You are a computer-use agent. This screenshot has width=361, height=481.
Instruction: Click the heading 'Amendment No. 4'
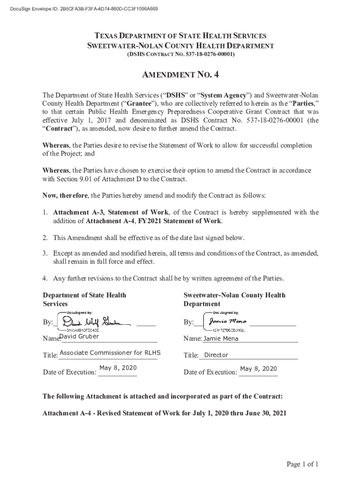pos(180,75)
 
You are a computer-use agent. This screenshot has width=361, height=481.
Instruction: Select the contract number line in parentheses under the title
pos(180,55)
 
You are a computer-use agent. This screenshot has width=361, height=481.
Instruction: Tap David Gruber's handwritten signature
pos(91,322)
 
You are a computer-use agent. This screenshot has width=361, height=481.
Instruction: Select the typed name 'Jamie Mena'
pos(221,339)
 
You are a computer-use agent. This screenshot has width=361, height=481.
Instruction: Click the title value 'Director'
pos(216,355)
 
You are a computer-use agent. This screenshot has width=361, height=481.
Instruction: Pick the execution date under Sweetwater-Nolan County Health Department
pos(258,369)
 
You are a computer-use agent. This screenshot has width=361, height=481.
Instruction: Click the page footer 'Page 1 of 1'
pos(303,465)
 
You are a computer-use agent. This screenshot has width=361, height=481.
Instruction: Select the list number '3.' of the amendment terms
pos(45,253)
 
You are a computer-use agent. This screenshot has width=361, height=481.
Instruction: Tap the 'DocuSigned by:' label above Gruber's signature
pos(80,312)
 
